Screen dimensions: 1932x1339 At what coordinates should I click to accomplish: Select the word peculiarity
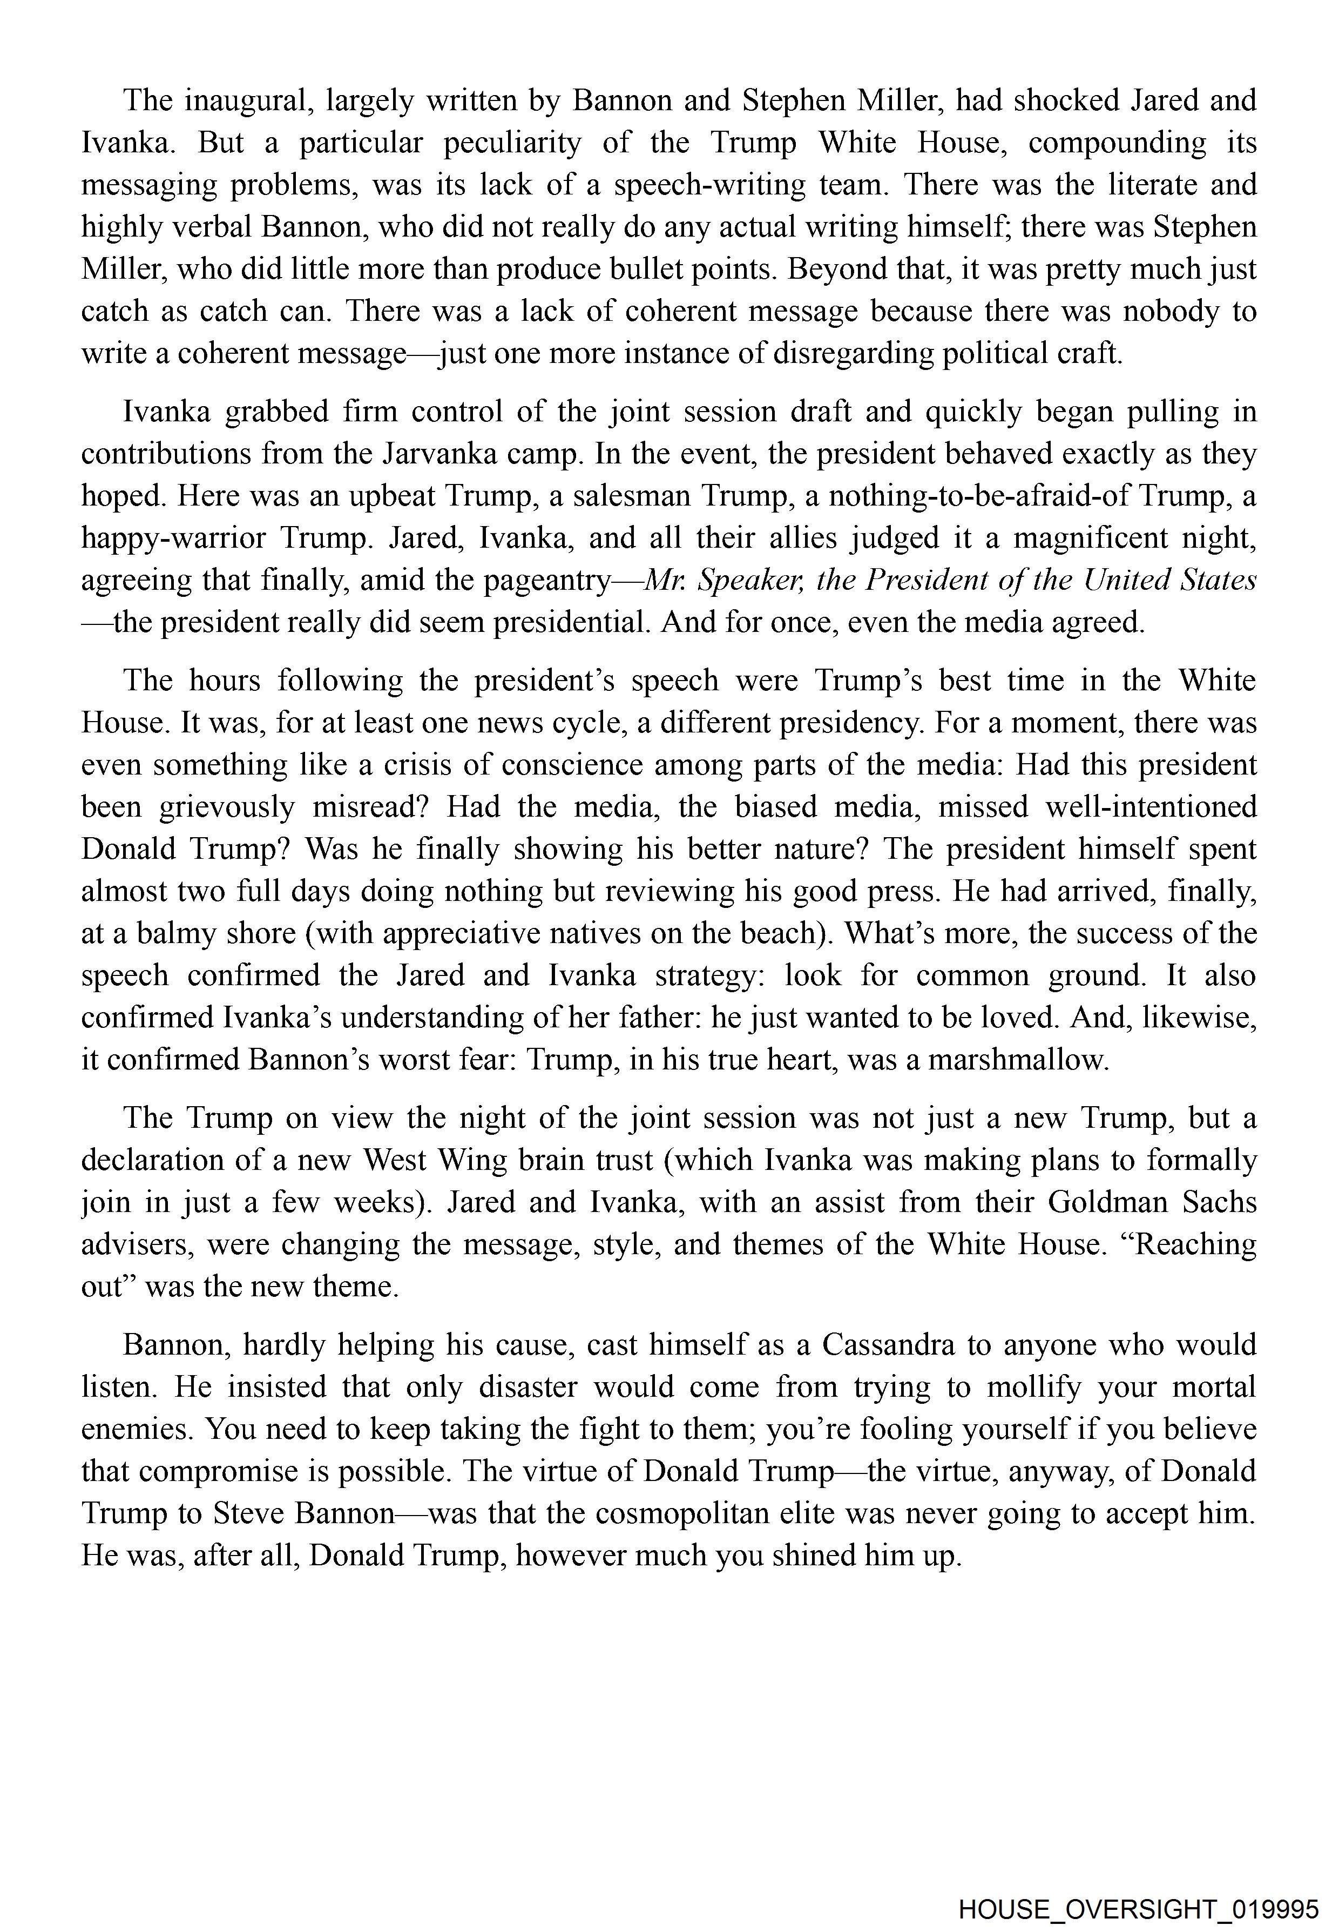(x=512, y=143)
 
